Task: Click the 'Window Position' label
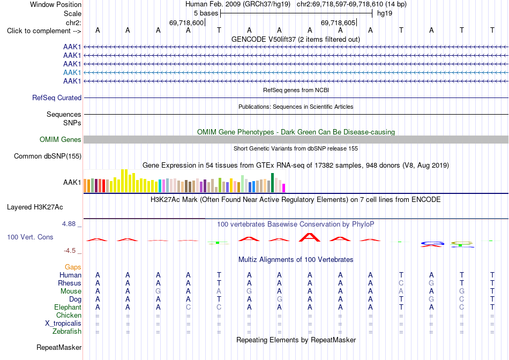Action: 56,4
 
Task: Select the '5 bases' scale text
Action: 206,13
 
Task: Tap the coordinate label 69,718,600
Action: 186,22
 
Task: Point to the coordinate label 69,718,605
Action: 338,22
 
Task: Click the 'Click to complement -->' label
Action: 44,31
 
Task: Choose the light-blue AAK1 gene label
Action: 72,72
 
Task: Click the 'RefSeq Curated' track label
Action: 57,97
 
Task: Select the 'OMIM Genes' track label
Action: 61,140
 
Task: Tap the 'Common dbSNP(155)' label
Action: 48,156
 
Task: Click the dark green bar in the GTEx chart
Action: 273,183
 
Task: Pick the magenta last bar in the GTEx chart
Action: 284,188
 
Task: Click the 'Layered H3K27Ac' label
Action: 35,207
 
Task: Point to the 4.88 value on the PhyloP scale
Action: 69,224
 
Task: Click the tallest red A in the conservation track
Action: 310,237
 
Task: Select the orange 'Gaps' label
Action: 73,267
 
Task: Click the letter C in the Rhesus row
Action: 401,283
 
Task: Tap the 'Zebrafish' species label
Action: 67,332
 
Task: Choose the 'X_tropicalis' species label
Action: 63,324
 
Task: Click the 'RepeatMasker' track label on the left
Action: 59,347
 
